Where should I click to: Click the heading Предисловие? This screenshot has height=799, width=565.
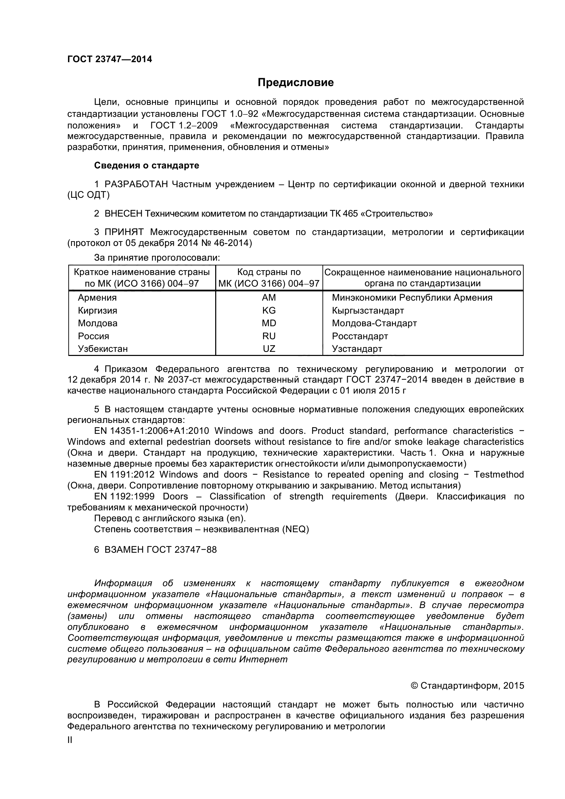point(295,82)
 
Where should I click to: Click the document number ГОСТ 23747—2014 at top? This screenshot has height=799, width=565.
point(110,59)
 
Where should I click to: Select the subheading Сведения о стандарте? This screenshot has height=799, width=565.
point(147,166)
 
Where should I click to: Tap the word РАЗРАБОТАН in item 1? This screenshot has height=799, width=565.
point(136,184)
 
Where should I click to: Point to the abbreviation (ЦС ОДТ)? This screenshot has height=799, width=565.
point(88,195)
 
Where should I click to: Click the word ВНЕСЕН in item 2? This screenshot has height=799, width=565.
point(124,213)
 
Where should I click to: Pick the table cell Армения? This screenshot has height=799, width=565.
point(97,298)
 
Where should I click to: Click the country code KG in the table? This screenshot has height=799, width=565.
point(269,311)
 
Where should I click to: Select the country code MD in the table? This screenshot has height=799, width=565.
point(269,323)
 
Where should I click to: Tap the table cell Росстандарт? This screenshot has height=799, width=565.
point(360,336)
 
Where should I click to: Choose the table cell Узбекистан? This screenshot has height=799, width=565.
point(103,349)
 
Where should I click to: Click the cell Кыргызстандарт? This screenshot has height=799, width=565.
point(368,311)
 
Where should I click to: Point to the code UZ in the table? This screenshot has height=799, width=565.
point(269,349)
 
